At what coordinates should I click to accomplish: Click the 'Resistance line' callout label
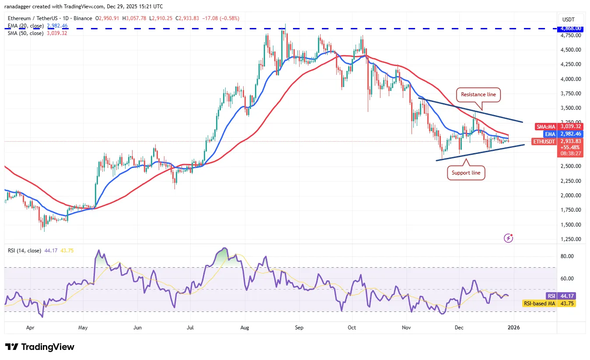pyautogui.click(x=479, y=94)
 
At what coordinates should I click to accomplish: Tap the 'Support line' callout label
pyautogui.click(x=466, y=173)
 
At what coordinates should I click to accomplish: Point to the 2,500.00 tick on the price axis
pyautogui.click(x=571, y=166)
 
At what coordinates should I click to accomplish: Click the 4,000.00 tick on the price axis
pyautogui.click(x=571, y=79)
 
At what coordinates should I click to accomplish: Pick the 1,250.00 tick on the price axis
pyautogui.click(x=571, y=239)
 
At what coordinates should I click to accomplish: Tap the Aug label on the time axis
pyautogui.click(x=244, y=327)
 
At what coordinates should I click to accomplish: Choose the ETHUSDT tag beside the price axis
pyautogui.click(x=544, y=141)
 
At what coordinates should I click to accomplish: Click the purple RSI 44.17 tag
pyautogui.click(x=551, y=296)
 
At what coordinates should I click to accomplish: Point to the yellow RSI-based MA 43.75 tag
pyautogui.click(x=539, y=303)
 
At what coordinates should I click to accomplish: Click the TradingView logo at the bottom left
pyautogui.click(x=40, y=347)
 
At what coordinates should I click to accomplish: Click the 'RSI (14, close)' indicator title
pyautogui.click(x=24, y=251)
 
